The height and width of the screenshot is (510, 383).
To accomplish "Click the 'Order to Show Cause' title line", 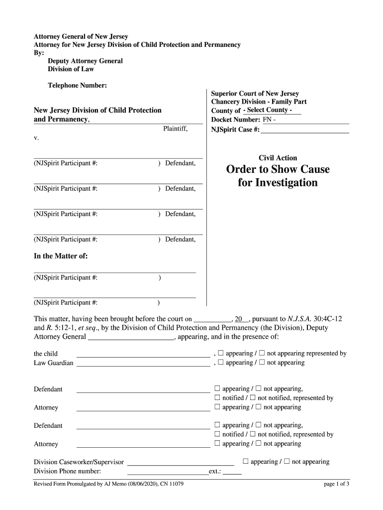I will pyautogui.click(x=278, y=169).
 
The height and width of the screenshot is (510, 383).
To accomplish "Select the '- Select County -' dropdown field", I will pyautogui.click(x=272, y=110).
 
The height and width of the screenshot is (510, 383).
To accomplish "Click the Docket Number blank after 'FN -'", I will pyautogui.click(x=313, y=120).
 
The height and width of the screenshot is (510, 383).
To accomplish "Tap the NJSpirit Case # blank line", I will pyautogui.click(x=304, y=130).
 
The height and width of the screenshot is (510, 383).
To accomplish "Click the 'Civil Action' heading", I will pyautogui.click(x=278, y=158).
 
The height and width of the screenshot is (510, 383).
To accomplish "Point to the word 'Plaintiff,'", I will pyautogui.click(x=175, y=129).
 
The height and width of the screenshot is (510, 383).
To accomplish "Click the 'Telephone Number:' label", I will pyautogui.click(x=77, y=86).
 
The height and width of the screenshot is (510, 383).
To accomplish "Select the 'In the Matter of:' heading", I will pyautogui.click(x=61, y=256).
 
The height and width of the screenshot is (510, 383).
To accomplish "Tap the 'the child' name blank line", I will pyautogui.click(x=143, y=354).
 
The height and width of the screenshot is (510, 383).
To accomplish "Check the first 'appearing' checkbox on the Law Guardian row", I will pyautogui.click(x=221, y=363).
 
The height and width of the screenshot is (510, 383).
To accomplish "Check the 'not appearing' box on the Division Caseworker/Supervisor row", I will pyautogui.click(x=287, y=462).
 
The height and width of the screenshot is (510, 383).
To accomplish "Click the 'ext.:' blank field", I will pyautogui.click(x=232, y=471).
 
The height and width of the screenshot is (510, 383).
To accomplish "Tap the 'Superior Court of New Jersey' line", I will pyautogui.click(x=255, y=94).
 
